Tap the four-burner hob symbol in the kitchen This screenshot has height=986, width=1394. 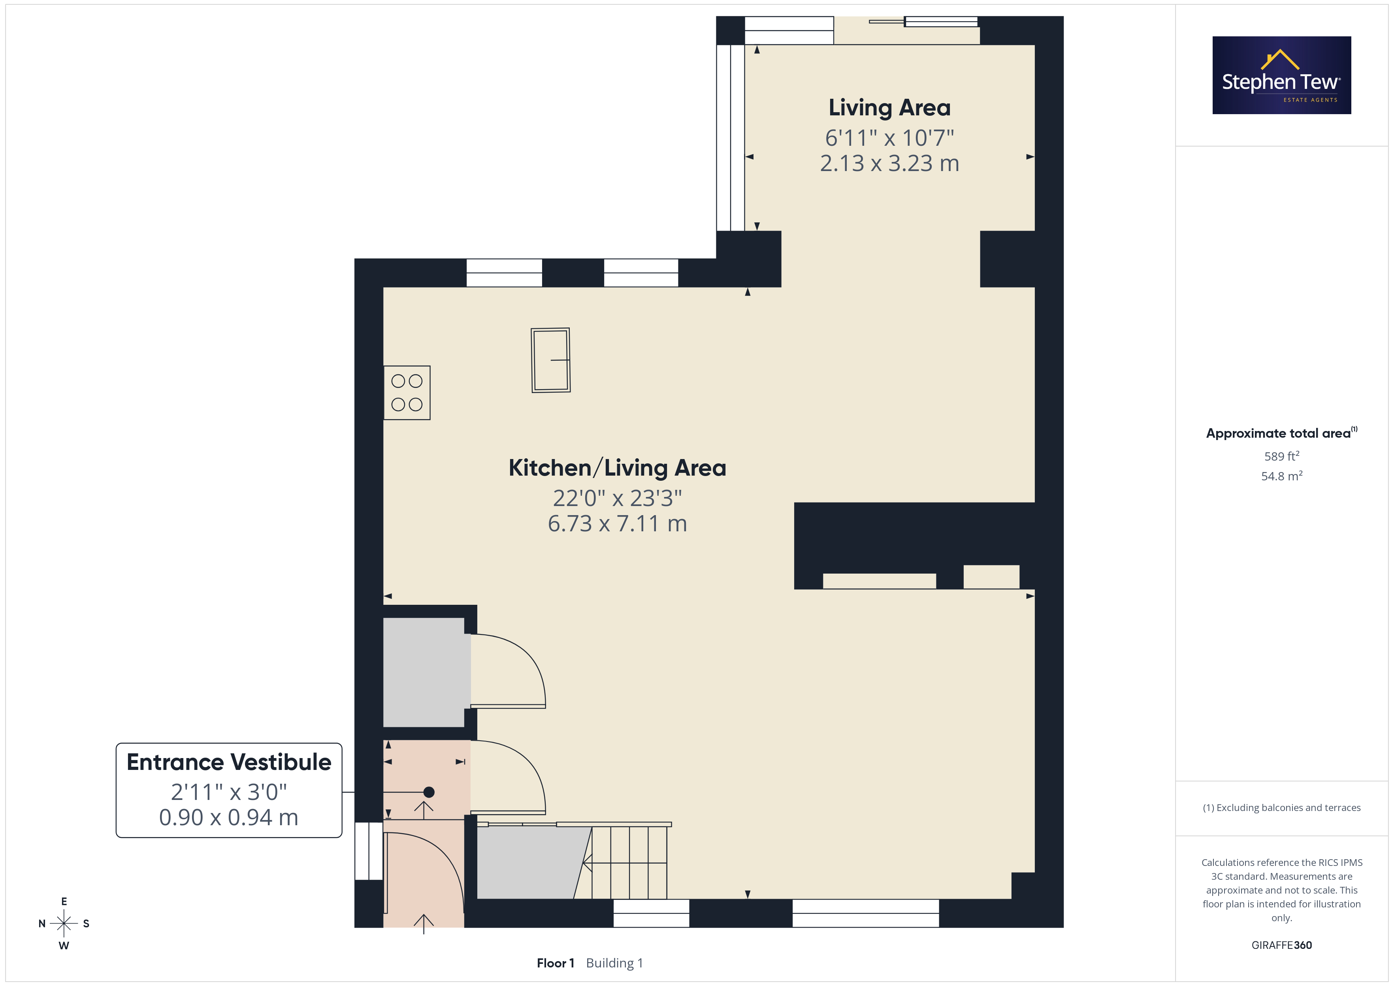(x=407, y=393)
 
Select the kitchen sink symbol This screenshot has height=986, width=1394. (x=551, y=360)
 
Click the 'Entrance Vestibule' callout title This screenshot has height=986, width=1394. (x=229, y=762)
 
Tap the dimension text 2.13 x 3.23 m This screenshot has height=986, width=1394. (x=889, y=163)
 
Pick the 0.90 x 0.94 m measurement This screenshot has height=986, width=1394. (x=229, y=818)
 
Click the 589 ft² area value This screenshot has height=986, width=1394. (x=1282, y=456)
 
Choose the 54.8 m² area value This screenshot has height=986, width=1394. (x=1282, y=476)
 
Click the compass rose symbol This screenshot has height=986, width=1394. (x=64, y=924)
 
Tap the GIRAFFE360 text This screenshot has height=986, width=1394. (x=1282, y=945)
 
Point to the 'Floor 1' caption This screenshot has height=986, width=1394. (x=556, y=963)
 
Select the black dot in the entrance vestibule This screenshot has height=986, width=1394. (x=429, y=792)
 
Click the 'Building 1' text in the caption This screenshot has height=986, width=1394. (x=614, y=963)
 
